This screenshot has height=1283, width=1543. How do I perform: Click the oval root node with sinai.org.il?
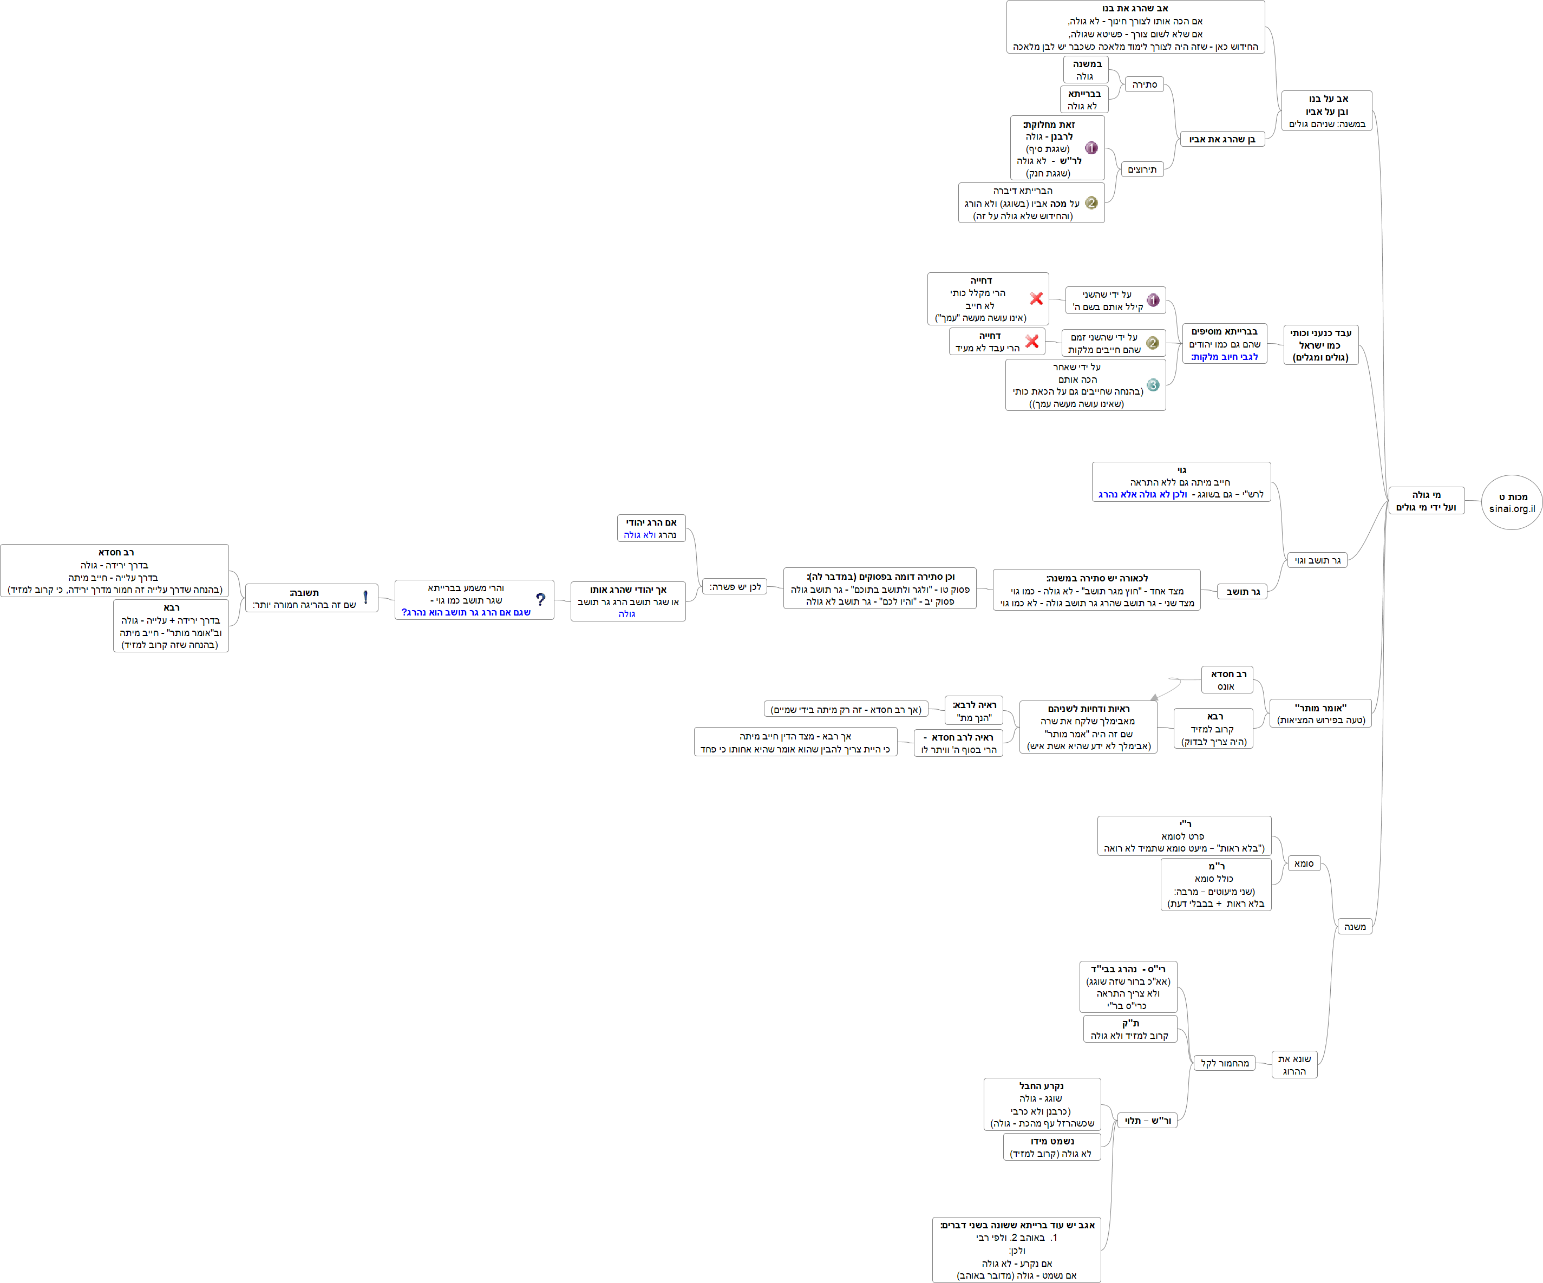1512,502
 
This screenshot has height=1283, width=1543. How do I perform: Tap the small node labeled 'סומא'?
1304,863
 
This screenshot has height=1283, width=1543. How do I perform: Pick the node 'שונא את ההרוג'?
1294,1065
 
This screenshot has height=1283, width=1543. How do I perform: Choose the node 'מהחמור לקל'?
1224,1063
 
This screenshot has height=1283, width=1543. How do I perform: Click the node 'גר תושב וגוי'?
1317,561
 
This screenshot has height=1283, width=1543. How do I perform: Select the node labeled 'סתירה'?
1144,85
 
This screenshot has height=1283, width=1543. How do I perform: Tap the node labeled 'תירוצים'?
1142,170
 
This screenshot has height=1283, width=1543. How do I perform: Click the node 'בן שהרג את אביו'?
1222,140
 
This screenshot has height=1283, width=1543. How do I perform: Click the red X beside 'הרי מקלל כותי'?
1036,298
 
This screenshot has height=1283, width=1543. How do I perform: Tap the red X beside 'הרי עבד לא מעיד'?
1031,342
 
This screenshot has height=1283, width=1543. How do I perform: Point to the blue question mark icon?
541,600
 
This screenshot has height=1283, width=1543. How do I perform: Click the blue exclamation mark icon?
365,598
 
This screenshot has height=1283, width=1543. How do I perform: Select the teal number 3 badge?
1153,385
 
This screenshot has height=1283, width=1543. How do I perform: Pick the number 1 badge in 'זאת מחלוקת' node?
1091,148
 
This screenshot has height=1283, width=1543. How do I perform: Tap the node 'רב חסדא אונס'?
1227,680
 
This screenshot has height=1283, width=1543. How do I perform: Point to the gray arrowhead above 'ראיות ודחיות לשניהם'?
1154,697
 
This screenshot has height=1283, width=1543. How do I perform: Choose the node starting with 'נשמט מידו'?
1051,1147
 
